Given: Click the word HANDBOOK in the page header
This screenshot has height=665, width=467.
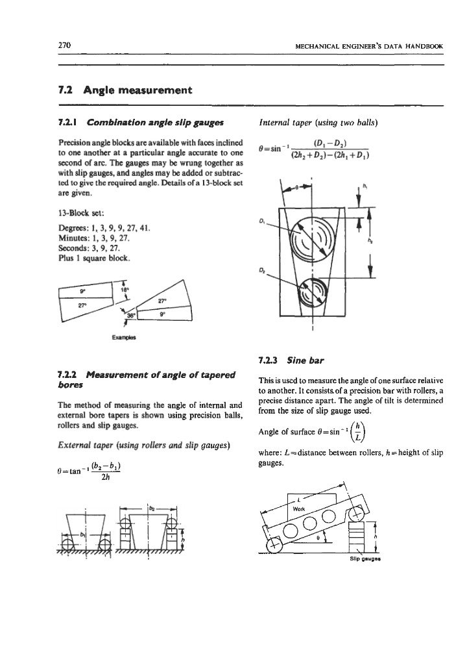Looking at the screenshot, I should [x=424, y=46].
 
